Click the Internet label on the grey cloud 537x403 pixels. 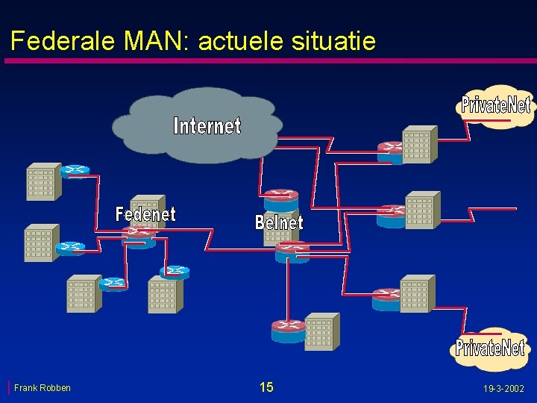pos(207,125)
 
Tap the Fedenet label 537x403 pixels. pos(145,214)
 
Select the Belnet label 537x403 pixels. pos(279,222)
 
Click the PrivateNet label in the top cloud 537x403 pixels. pos(495,104)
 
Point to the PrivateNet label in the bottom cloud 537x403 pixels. pos(490,347)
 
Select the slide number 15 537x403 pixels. pos(266,387)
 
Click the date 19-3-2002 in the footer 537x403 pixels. pos(503,388)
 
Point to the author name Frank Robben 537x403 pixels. pos(43,387)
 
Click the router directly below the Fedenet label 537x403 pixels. pos(139,237)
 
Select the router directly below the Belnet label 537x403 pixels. pos(291,252)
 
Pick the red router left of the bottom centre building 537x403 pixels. pos(288,330)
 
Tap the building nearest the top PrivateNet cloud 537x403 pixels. pos(418,145)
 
